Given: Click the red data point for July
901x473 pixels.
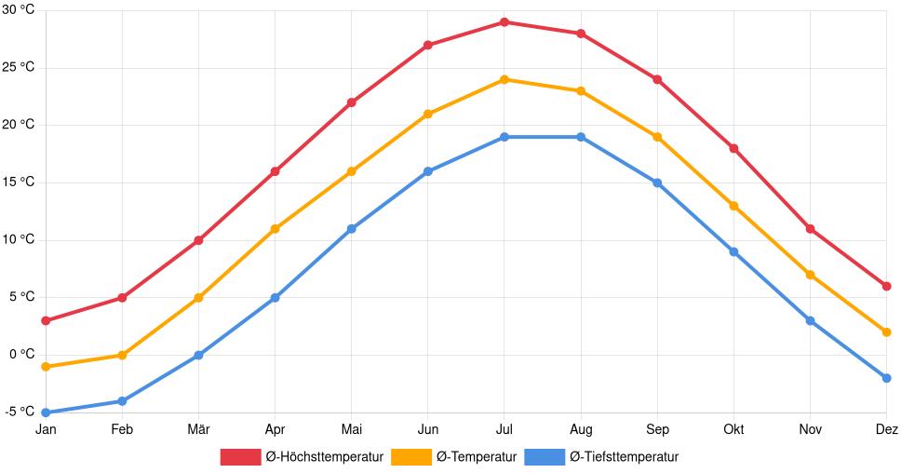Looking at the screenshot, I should coord(504,21).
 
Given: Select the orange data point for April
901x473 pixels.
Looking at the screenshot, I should coord(275,228).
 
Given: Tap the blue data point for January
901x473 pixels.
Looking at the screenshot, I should coord(46,412).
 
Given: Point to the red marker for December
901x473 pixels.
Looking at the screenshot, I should coord(886,286).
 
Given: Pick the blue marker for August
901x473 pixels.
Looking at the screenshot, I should coord(581,137).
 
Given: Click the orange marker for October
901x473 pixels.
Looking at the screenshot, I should coord(733,206).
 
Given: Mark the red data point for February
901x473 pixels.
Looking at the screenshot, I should coord(122,298).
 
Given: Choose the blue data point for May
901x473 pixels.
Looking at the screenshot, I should coord(351,228).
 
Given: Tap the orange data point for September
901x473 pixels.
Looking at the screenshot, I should coord(657,137).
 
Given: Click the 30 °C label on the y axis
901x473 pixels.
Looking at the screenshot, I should coord(19,10).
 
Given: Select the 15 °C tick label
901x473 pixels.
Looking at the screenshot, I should coord(19,182).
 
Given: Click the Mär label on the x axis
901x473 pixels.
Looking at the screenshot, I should coord(198,429).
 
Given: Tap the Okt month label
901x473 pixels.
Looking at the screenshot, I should coord(733,429).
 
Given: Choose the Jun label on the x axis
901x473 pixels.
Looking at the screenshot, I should coord(427,429).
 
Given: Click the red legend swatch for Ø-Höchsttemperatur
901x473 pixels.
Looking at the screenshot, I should coord(240,457).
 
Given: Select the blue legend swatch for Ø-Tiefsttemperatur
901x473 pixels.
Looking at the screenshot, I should coord(545,457).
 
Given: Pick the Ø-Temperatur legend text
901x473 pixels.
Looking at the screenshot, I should coord(476,457).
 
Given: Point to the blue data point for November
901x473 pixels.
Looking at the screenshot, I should coord(810,320).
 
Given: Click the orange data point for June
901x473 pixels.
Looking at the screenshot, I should coord(427,114).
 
